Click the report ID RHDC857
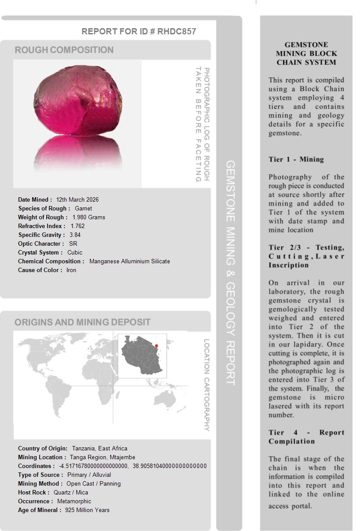coord(176,31)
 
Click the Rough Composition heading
coord(64,50)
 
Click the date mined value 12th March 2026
coord(77,199)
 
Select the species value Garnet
coord(83,208)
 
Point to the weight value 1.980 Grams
coord(89,217)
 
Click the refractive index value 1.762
coord(78,226)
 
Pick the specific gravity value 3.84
coord(75,235)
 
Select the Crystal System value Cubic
coord(74,252)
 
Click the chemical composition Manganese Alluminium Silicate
coord(129,261)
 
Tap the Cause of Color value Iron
coord(71,270)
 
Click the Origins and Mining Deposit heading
coord(82,322)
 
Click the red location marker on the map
coord(156,346)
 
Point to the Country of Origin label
coord(43,448)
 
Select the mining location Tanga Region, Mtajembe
coord(102,457)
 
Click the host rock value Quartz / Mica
coord(71,492)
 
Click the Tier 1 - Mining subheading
coord(296,159)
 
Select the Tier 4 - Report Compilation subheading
coord(306,437)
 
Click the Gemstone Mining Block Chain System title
coord(306,53)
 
